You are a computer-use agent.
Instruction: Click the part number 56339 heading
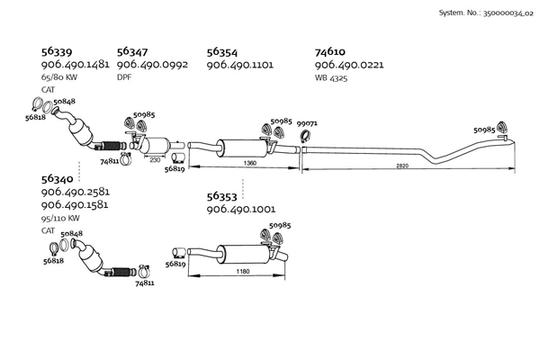pyautogui.click(x=58, y=52)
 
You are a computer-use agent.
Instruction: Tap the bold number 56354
pyautogui.click(x=224, y=52)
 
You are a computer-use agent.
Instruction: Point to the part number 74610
pyautogui.click(x=331, y=52)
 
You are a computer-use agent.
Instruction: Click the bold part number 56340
pyautogui.click(x=59, y=179)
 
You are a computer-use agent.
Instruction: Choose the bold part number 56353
pyautogui.click(x=224, y=196)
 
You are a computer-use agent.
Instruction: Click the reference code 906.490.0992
pyautogui.click(x=151, y=66)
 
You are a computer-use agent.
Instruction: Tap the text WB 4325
pyautogui.click(x=331, y=78)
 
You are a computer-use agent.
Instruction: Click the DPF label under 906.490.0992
pyautogui.click(x=124, y=78)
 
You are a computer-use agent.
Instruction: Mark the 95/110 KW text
pyautogui.click(x=60, y=218)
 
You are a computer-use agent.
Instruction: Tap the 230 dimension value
pyautogui.click(x=156, y=159)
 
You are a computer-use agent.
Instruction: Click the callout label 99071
pyautogui.click(x=307, y=123)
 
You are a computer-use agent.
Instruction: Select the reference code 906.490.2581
pyautogui.click(x=76, y=193)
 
